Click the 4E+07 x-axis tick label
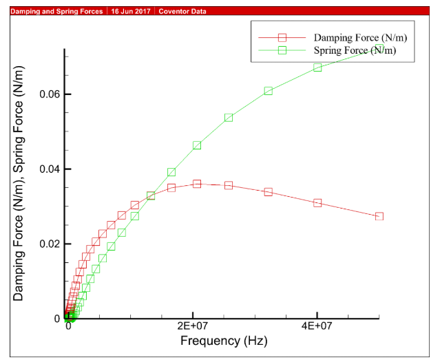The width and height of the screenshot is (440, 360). (x=317, y=327)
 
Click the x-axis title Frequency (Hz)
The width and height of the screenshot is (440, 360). (x=223, y=341)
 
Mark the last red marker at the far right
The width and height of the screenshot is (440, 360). (x=379, y=216)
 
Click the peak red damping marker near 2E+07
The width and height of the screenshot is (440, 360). (x=197, y=184)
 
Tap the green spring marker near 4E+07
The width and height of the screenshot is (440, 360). (x=317, y=67)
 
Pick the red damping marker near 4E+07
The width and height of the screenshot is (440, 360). (x=317, y=203)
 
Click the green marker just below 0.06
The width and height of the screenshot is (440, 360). (x=268, y=91)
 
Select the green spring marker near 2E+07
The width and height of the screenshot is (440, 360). (x=197, y=145)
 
